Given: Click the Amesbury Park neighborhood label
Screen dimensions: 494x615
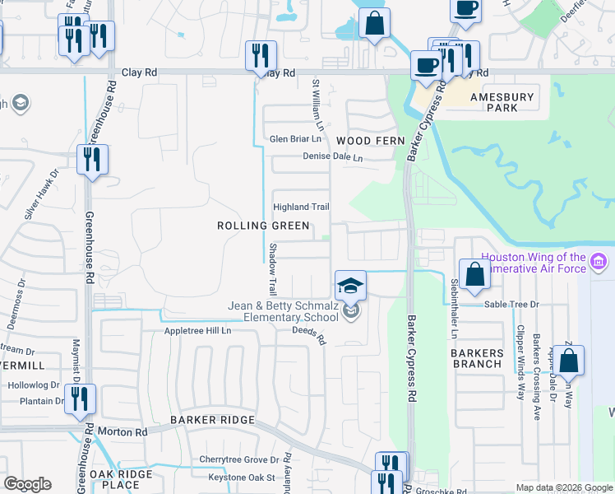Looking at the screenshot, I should [x=502, y=102].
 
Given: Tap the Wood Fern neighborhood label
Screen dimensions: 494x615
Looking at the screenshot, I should [x=371, y=141].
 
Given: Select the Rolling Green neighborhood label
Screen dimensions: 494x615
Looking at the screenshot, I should [x=263, y=226].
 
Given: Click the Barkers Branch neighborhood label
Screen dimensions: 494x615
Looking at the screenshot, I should [x=477, y=358].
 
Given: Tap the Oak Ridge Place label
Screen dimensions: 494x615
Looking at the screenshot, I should [x=121, y=479].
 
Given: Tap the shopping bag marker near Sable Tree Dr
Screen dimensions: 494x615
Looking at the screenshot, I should [x=475, y=273].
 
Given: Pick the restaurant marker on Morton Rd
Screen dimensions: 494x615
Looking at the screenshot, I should [x=81, y=398].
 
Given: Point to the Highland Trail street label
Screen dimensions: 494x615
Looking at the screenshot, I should [x=301, y=207].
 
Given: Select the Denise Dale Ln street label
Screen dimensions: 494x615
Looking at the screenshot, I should [x=332, y=156].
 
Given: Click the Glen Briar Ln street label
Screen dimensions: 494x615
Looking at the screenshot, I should [x=295, y=139].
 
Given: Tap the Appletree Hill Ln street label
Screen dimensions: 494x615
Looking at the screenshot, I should [x=199, y=331].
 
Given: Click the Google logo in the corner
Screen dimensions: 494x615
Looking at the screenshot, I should [x=28, y=484].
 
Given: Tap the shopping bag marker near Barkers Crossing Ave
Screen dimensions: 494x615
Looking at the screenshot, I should [x=568, y=360].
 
